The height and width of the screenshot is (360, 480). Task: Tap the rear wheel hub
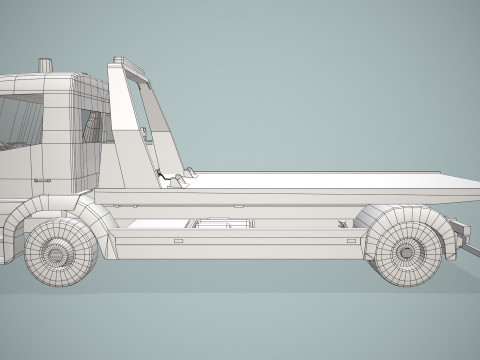(410, 248)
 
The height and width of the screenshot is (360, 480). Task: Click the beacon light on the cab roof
(45, 65)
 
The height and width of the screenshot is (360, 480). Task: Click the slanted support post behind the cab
(125, 120)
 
